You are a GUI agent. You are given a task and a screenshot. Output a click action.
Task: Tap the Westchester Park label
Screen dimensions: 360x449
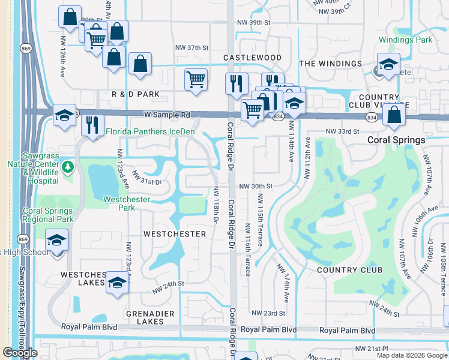[127, 203]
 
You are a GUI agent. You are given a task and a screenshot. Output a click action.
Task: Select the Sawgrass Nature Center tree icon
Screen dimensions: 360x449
[69, 165]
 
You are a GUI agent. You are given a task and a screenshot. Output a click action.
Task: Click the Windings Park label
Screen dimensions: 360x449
[405, 40]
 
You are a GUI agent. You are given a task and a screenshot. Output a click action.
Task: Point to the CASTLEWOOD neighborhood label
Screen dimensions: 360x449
[252, 58]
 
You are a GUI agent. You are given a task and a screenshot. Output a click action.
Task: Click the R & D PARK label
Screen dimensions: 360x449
[136, 94]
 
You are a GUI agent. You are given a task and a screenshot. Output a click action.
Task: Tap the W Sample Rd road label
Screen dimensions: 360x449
[166, 114]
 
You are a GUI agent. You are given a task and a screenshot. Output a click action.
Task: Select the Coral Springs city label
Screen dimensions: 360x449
[396, 140]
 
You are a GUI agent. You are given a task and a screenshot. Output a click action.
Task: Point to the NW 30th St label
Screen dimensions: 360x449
[256, 187]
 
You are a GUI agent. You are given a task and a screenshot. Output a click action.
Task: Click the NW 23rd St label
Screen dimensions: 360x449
[267, 313]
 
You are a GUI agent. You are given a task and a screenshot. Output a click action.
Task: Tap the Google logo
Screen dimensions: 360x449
[20, 353]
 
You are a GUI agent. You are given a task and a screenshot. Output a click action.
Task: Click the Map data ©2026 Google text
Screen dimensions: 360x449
[412, 355]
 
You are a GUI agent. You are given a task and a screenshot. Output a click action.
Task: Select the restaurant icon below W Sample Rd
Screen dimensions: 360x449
[92, 125]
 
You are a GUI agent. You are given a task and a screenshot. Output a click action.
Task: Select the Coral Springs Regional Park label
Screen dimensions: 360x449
[47, 215]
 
